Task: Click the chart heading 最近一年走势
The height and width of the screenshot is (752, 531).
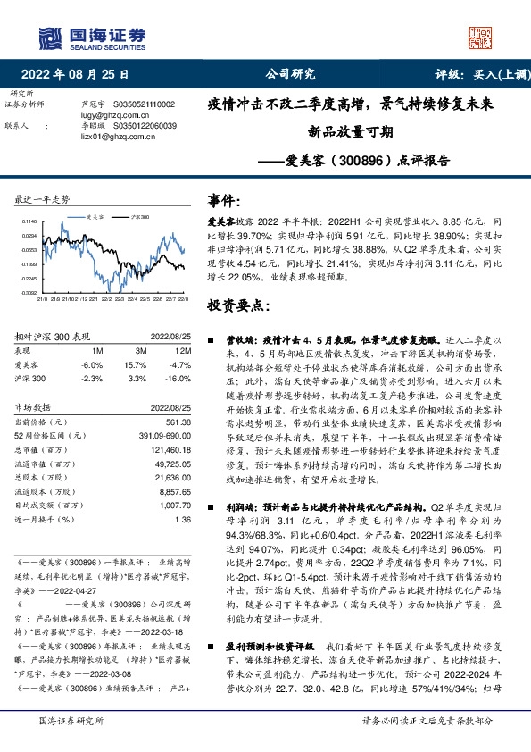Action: coord(42,200)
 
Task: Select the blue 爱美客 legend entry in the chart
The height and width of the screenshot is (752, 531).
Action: coord(94,217)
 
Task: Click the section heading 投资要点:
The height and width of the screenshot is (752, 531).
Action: coord(237,305)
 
